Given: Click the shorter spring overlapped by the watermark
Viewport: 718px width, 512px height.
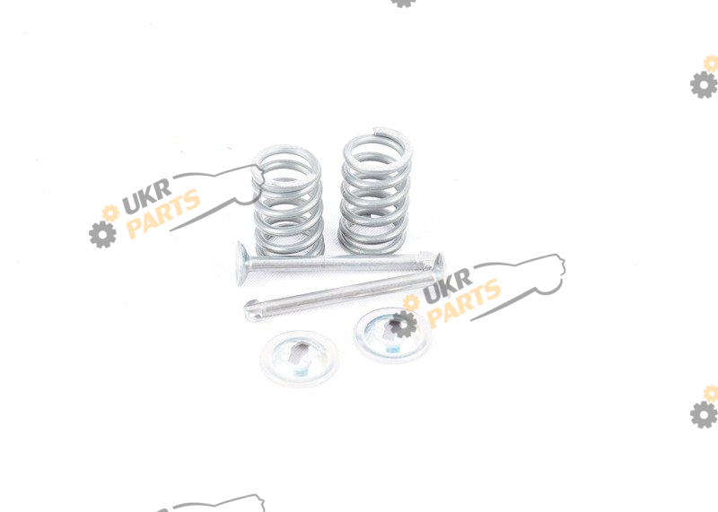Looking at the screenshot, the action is pyautogui.click(x=287, y=202).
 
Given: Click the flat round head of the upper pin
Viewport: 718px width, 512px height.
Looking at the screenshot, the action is pyautogui.click(x=241, y=264).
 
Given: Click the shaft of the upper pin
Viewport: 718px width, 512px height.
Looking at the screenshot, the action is pyautogui.click(x=334, y=263).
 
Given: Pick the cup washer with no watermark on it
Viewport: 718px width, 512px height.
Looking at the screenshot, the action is pyautogui.click(x=300, y=359).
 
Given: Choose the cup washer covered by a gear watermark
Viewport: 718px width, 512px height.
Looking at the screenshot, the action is pyautogui.click(x=393, y=335).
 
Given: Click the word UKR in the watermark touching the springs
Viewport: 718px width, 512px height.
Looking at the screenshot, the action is pyautogui.click(x=147, y=195).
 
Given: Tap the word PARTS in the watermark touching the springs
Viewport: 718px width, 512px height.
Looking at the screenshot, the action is pyautogui.click(x=163, y=213).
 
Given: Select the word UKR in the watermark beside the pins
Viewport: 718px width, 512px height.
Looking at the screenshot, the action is pyautogui.click(x=447, y=286).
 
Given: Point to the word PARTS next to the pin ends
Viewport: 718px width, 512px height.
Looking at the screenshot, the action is pyautogui.click(x=463, y=304).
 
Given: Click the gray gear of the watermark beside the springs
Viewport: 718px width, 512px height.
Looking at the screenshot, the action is pyautogui.click(x=102, y=234).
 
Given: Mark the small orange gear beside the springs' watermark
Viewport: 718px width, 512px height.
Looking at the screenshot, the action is pyautogui.click(x=110, y=213).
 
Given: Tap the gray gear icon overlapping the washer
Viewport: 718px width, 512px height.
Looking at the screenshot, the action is pyautogui.click(x=403, y=325).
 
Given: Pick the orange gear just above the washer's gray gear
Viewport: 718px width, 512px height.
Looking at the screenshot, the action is pyautogui.click(x=411, y=302).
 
